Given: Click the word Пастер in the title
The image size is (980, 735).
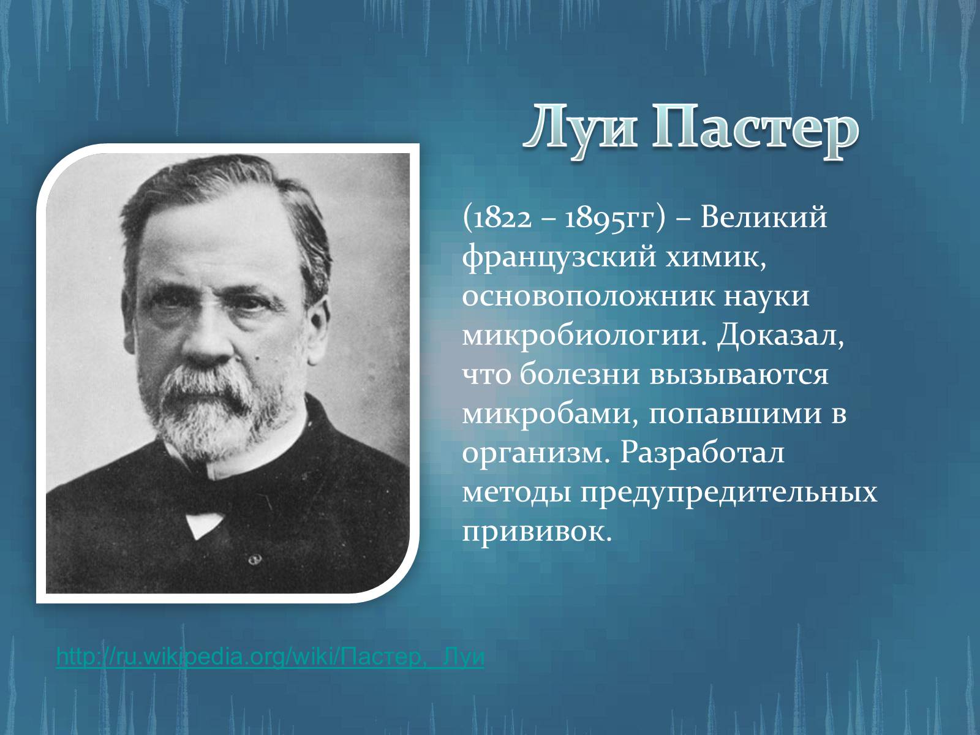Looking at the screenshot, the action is (x=755, y=132).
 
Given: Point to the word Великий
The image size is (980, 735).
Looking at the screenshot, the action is (x=763, y=217).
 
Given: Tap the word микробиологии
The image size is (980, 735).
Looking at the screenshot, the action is (x=585, y=336).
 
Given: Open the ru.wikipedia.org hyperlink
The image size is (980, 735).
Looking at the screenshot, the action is (x=270, y=657).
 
